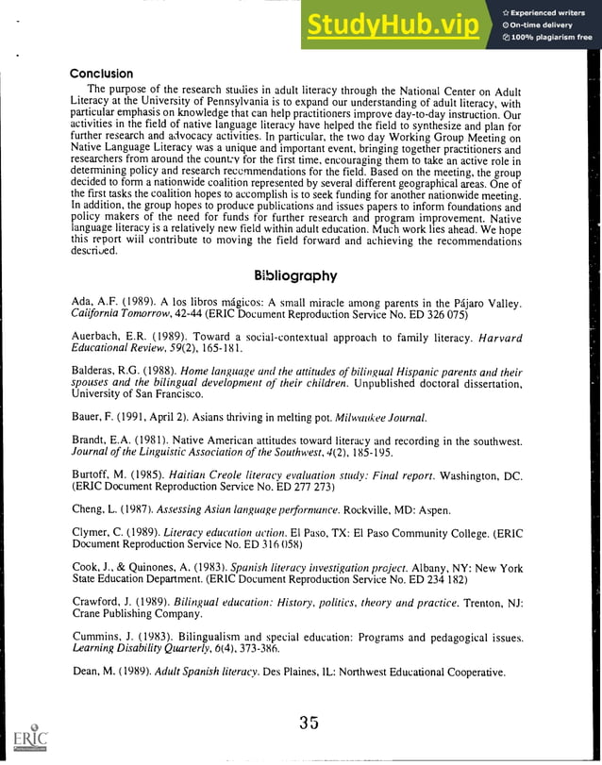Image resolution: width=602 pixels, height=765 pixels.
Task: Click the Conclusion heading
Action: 102,74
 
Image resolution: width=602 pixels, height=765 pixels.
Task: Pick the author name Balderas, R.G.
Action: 104,372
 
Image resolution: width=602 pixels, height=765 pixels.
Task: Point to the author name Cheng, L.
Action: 93,510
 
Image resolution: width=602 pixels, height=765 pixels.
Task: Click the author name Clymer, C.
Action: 97,534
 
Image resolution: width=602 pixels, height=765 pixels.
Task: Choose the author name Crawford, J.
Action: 101,601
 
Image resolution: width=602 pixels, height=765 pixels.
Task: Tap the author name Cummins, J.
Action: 101,638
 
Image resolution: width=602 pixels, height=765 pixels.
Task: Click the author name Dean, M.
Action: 92,672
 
